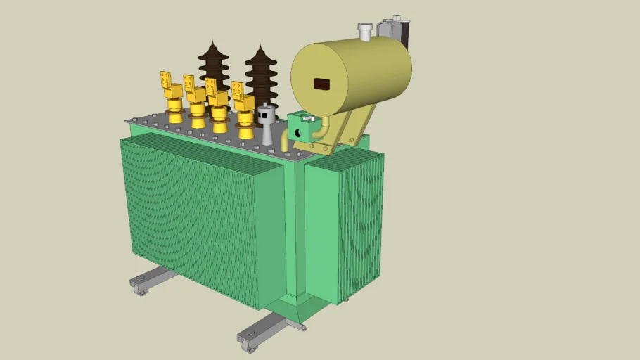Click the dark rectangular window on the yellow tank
click(321, 84)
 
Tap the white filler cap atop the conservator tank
click(364, 31)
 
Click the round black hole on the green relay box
click(298, 133)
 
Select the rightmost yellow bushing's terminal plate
click(238, 91)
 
